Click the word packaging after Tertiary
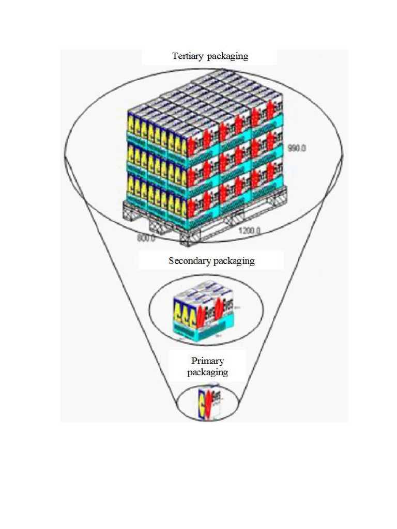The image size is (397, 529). click(227, 56)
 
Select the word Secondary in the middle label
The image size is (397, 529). click(189, 261)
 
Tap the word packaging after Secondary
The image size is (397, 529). click(235, 261)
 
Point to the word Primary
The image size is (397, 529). click(207, 361)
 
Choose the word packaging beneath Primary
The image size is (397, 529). click(207, 372)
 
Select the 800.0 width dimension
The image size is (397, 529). click(146, 238)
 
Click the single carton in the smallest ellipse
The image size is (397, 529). click(207, 404)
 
